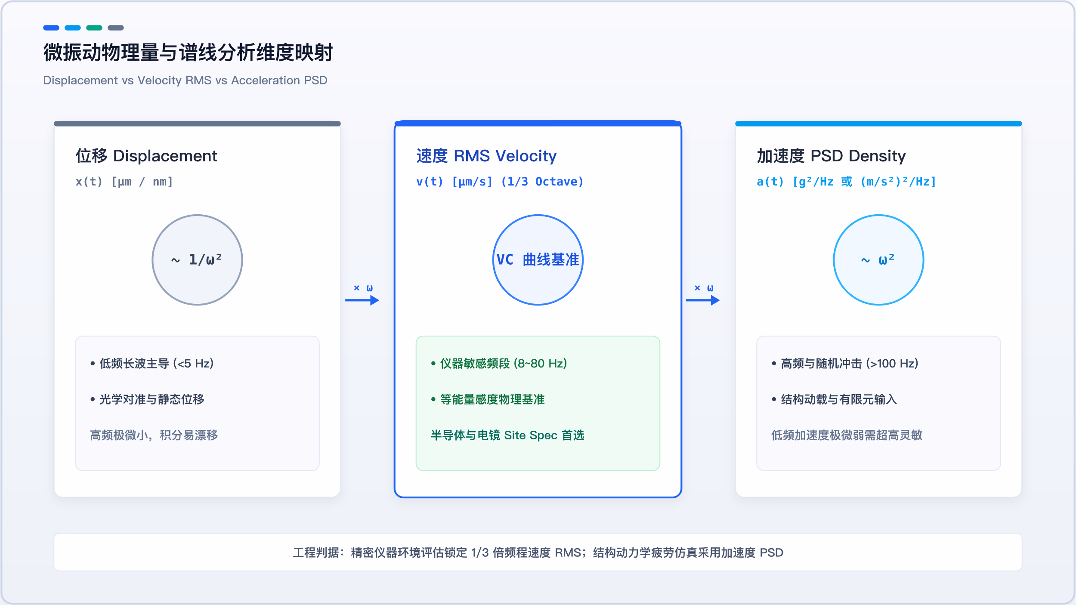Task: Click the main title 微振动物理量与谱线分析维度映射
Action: (x=188, y=52)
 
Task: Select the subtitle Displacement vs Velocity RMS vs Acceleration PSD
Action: (x=185, y=80)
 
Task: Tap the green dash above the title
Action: (x=94, y=28)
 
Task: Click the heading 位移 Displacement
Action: (x=146, y=156)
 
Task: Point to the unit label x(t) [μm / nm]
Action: (x=124, y=182)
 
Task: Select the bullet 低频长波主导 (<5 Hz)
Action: (x=152, y=364)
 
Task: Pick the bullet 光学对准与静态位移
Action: (x=147, y=399)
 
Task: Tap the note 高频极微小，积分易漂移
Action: (x=154, y=435)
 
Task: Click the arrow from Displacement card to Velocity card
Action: (x=362, y=300)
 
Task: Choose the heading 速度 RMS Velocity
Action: (x=486, y=156)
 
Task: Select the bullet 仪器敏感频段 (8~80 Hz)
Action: (x=499, y=364)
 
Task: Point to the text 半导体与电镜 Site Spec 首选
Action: (x=507, y=435)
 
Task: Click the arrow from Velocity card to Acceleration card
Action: (x=703, y=300)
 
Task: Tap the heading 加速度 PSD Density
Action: (x=831, y=156)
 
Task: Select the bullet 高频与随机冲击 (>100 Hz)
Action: (x=845, y=364)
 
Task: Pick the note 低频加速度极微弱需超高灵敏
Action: (x=847, y=435)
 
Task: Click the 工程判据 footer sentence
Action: (x=538, y=553)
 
